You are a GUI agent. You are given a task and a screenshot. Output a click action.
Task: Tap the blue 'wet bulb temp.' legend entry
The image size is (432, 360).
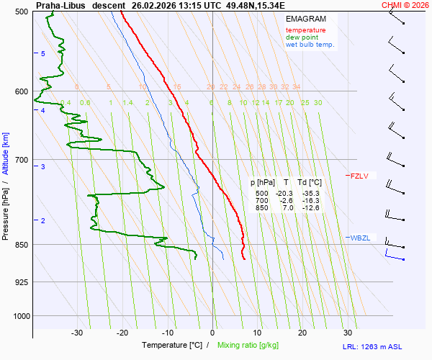(x=310, y=45)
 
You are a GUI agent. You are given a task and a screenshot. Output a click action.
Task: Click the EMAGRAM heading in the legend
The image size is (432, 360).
(x=305, y=18)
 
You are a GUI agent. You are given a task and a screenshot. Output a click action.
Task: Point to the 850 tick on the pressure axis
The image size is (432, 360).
(x=20, y=245)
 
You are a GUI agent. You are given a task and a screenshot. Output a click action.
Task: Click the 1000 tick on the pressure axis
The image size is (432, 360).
(x=19, y=316)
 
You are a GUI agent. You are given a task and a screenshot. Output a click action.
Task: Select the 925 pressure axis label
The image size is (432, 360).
(x=20, y=282)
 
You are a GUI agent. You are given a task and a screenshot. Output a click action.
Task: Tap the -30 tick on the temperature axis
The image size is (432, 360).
(x=77, y=333)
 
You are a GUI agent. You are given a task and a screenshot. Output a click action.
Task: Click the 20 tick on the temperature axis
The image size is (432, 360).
(x=302, y=333)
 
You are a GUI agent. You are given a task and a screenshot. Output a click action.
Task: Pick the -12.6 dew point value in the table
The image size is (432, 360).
(x=311, y=208)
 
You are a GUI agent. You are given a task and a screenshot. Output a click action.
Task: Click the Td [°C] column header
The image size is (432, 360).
(x=310, y=183)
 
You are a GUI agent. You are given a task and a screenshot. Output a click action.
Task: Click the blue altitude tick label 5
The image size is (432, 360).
(x=43, y=55)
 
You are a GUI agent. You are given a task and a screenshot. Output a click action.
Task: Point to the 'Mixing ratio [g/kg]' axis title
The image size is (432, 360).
(x=248, y=346)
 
